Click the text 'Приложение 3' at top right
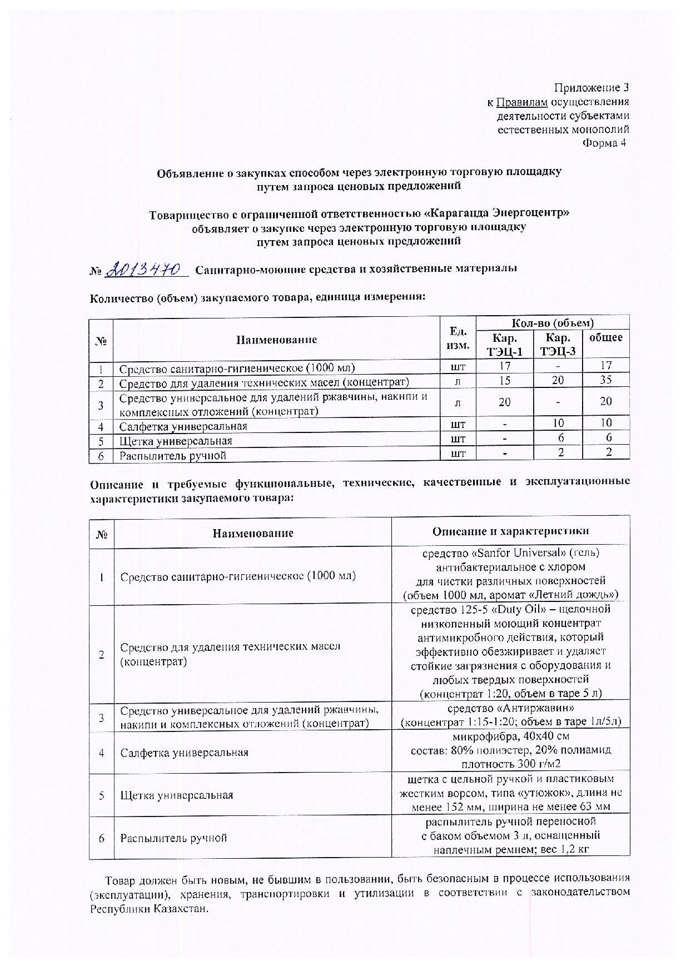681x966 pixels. click(x=591, y=88)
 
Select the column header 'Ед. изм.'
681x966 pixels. click(x=457, y=338)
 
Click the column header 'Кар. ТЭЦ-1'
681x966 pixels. click(x=505, y=345)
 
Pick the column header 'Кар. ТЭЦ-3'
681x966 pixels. click(x=558, y=345)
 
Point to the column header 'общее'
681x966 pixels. click(x=605, y=337)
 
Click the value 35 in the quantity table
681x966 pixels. click(x=606, y=380)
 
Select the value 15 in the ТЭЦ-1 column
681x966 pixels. click(x=505, y=380)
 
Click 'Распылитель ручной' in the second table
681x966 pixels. click(x=174, y=838)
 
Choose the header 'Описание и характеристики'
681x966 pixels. click(x=510, y=531)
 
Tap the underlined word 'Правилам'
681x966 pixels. click(x=522, y=102)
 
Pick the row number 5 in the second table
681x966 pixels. click(x=102, y=795)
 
